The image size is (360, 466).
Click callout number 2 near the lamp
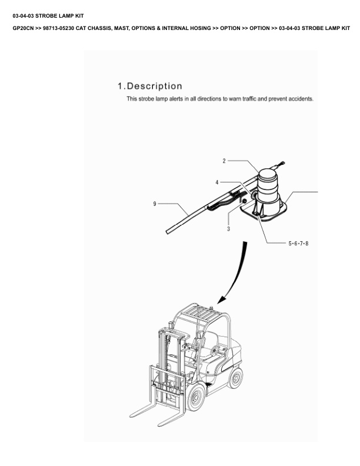click(x=224, y=161)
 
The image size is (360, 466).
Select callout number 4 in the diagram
click(x=217, y=182)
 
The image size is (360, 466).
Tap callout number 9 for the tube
click(x=155, y=204)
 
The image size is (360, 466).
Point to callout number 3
click(x=228, y=229)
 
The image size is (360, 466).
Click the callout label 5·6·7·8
click(x=298, y=244)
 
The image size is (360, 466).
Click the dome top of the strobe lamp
click(x=267, y=173)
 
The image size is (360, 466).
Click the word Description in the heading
click(x=155, y=86)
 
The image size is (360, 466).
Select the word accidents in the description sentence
click(x=301, y=99)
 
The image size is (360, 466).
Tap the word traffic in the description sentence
click(x=249, y=99)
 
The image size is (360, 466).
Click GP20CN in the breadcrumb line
click(x=23, y=28)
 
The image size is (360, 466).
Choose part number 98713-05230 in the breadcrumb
click(x=58, y=28)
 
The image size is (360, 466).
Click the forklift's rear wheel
click(x=235, y=378)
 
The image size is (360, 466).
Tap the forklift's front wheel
click(x=196, y=397)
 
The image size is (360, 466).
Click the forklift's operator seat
click(x=209, y=344)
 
